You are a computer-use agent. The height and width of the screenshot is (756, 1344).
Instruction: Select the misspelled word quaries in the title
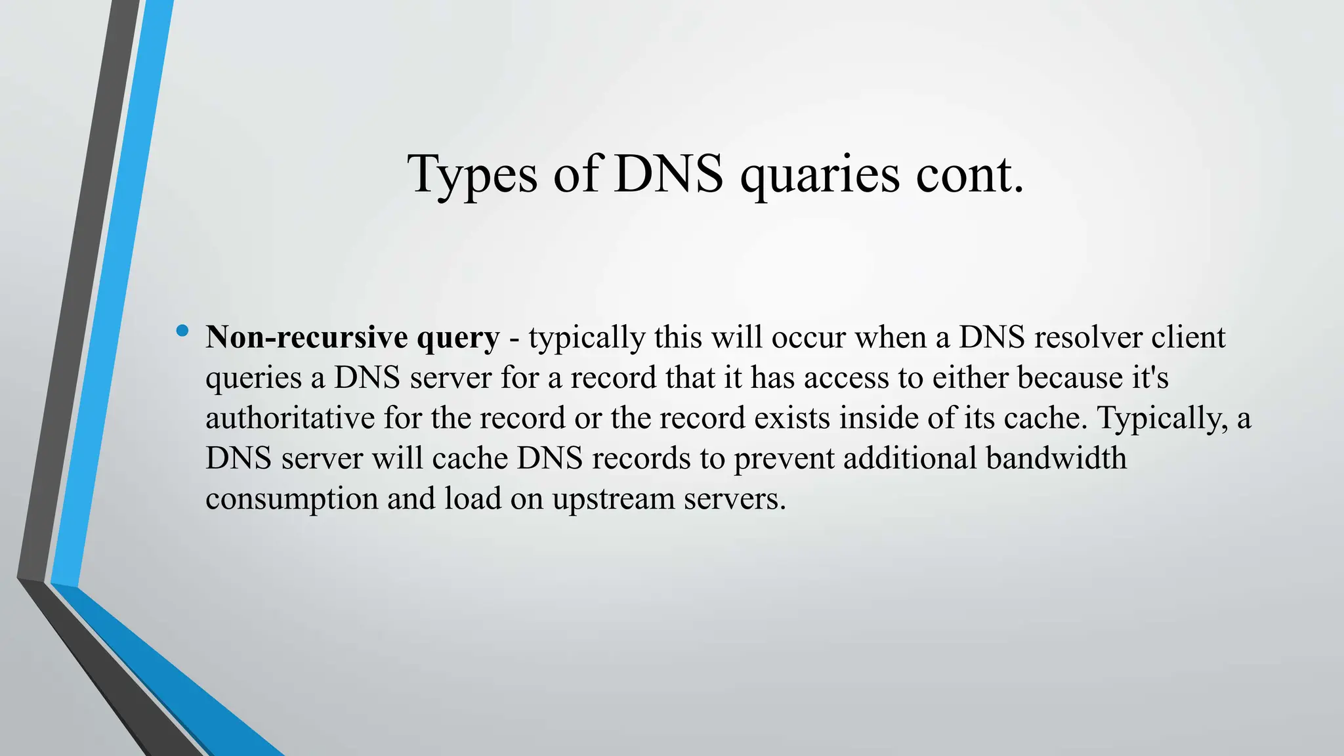pyautogui.click(x=819, y=175)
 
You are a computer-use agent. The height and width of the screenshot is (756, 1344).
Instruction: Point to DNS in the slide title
pyautogui.click(x=668, y=175)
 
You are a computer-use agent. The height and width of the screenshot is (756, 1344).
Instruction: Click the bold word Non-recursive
pyautogui.click(x=307, y=337)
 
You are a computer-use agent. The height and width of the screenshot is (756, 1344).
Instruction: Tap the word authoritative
pyautogui.click(x=289, y=418)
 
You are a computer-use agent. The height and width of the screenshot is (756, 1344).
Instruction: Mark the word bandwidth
pyautogui.click(x=1056, y=458)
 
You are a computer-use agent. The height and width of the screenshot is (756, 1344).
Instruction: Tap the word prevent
pyautogui.click(x=784, y=458)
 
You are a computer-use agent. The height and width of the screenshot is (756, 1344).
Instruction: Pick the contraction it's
pyautogui.click(x=1150, y=377)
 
